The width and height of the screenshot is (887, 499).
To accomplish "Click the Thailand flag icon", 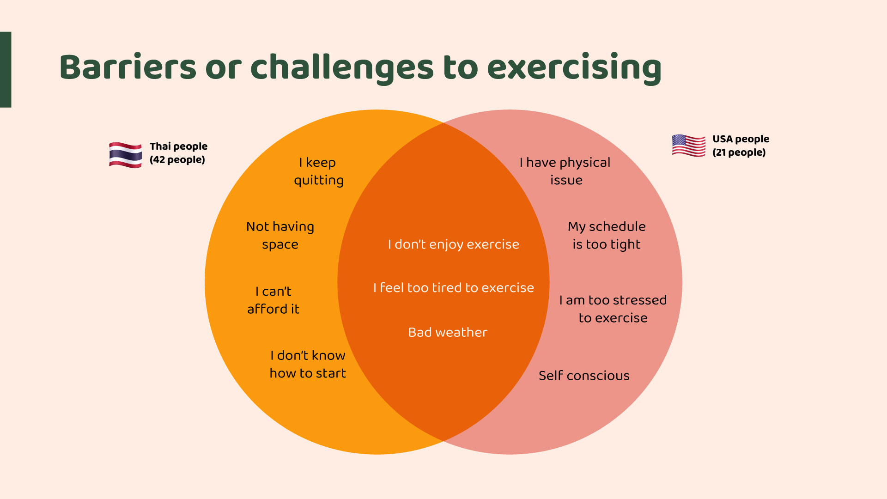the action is click(x=125, y=155).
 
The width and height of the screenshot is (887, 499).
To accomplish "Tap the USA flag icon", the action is click(x=689, y=146).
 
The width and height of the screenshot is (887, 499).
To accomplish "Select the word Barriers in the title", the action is click(x=128, y=67).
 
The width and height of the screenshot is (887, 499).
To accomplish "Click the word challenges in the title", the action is click(x=342, y=68).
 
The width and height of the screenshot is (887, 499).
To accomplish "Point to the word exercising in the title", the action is click(x=574, y=68).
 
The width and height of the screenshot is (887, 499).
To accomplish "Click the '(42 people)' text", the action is click(x=177, y=160).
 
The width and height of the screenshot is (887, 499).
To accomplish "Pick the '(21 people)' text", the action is click(x=739, y=152).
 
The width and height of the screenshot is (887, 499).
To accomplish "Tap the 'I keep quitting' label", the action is click(x=319, y=171).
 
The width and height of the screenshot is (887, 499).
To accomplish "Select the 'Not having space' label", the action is click(x=280, y=235).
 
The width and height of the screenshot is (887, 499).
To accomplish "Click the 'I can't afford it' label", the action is click(x=273, y=300).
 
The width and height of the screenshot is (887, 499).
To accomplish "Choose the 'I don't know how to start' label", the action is click(x=308, y=364).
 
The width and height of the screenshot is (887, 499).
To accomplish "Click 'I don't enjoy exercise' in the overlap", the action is click(x=454, y=244).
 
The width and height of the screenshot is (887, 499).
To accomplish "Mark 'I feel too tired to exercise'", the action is click(x=454, y=288).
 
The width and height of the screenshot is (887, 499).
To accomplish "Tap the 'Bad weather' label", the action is click(x=448, y=332).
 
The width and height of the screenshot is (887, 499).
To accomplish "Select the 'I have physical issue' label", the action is click(x=565, y=171).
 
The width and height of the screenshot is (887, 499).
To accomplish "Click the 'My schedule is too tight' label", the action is click(x=607, y=235).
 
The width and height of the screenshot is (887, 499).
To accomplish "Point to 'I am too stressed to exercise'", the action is click(x=613, y=309).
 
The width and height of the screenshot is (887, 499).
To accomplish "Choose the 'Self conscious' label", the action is click(x=584, y=376).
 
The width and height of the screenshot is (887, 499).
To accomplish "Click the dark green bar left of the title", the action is click(x=6, y=69).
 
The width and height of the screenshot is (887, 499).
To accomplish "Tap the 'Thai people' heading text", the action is click(x=178, y=146).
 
